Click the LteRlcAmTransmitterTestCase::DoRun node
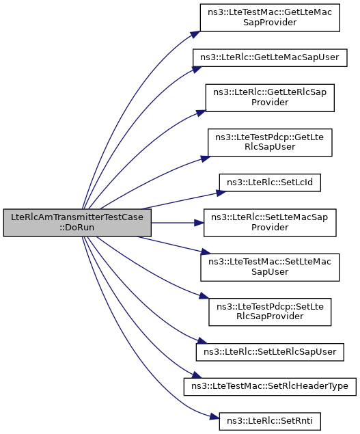pos(77,223)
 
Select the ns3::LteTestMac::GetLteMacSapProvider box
pos(270,18)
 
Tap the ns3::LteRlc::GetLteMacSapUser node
pos(270,57)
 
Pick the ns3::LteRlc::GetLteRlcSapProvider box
pos(270,98)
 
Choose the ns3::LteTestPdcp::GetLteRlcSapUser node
pos(270,142)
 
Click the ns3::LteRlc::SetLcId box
pos(270,182)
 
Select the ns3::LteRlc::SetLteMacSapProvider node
pos(270,223)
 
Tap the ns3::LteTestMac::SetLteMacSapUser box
pos(270,267)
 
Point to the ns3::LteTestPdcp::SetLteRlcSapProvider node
pos(270,312)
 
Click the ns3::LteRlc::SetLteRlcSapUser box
pos(270,352)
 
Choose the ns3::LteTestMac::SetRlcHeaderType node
pos(270,386)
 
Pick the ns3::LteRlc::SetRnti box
pos(270,421)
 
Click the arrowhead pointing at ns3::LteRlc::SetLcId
pos(221,192)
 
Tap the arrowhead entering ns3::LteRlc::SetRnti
pos(214,416)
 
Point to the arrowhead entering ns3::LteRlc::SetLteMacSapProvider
pos(199,223)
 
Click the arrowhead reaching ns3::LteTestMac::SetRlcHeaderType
pos(197,375)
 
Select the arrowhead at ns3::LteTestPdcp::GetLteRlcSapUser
pos(206,159)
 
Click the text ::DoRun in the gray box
pos(77,228)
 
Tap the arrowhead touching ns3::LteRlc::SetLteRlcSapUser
pos(202,341)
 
